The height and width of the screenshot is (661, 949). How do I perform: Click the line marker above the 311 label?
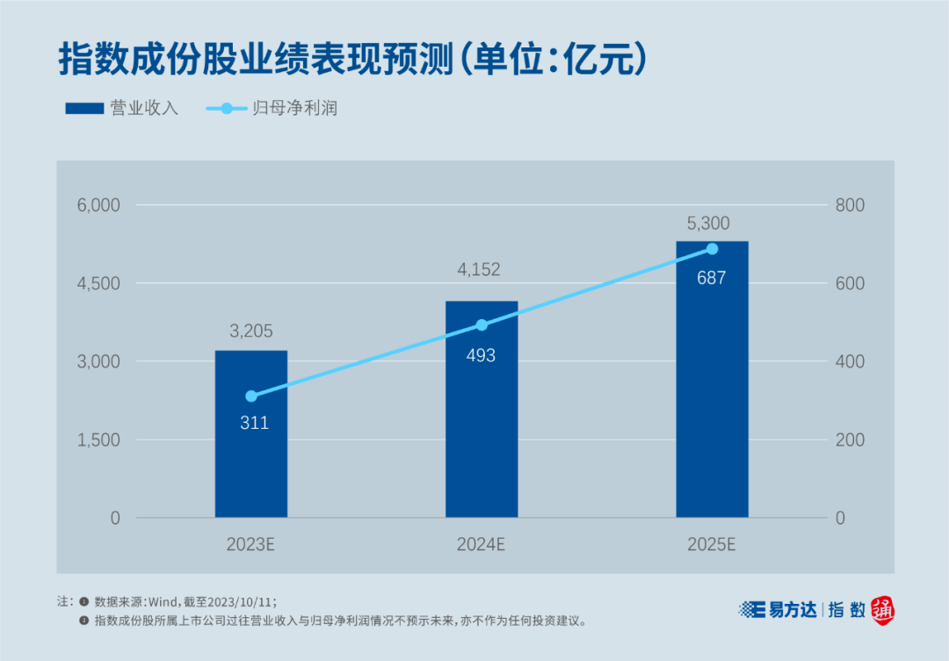pos(251,396)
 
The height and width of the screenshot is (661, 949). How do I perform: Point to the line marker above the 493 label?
pos(482,325)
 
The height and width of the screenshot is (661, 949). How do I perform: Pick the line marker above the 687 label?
pos(712,250)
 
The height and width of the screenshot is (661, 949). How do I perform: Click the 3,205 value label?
pos(251,331)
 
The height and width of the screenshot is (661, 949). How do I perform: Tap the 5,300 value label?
pos(708,223)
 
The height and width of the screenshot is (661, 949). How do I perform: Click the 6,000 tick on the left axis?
pos(99,205)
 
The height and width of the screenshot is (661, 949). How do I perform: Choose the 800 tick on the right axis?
pos(851,205)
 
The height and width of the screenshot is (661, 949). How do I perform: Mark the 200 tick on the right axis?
pos(851,439)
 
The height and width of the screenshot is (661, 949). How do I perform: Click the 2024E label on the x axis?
pos(481,544)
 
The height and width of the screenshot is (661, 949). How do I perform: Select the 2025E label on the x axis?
pos(711,544)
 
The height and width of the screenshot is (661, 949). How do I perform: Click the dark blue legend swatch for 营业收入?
pos(83,109)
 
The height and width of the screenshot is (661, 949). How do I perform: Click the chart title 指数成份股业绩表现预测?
pos(255,59)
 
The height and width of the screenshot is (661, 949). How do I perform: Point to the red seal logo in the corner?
pos(884,610)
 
